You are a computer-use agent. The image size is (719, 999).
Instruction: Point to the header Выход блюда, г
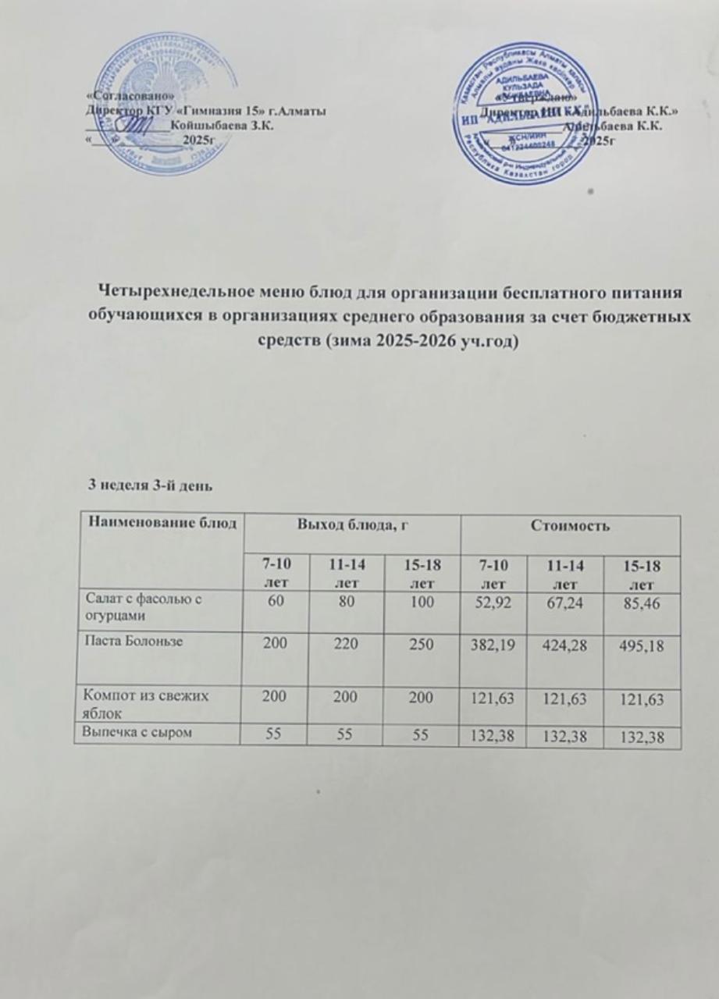tap(351, 526)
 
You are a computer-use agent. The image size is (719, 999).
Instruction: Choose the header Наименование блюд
tap(159, 521)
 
